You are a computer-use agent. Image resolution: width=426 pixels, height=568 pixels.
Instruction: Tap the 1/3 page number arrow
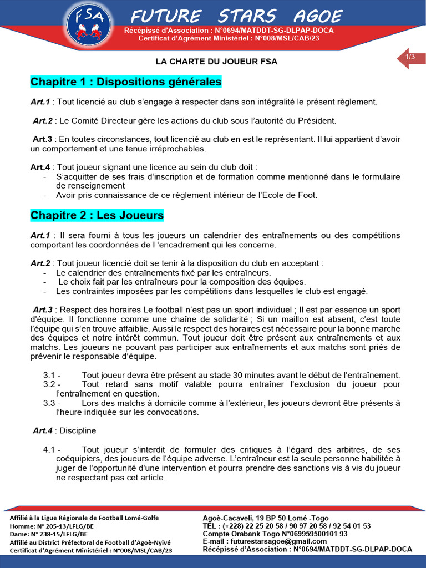pos(411,58)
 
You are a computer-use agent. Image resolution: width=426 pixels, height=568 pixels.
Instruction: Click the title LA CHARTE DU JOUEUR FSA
pos(216,62)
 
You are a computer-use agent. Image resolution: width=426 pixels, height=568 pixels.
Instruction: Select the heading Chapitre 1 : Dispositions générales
pos(126,82)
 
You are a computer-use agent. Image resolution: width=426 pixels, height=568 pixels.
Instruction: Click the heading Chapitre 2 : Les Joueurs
pos(97,215)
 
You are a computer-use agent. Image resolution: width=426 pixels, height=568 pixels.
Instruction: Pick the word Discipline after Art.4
pos(78,430)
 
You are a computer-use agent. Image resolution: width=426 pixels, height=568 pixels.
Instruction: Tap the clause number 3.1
pos(52,376)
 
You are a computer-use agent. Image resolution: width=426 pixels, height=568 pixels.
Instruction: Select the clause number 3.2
pos(52,384)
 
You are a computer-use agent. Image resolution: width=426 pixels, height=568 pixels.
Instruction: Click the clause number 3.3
pos(52,403)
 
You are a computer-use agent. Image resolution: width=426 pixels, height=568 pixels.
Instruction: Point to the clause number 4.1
pos(52,449)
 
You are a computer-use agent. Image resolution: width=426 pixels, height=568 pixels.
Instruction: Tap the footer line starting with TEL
pos(287,526)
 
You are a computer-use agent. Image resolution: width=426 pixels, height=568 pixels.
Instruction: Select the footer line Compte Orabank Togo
pos(275,534)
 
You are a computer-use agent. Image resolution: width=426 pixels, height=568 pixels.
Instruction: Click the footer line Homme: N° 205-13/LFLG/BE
pos(52,526)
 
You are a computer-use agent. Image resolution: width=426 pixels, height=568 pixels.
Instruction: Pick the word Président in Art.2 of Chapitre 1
pos(318,120)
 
